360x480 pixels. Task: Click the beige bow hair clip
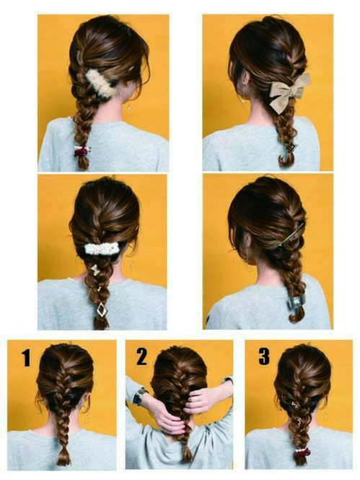[289, 92]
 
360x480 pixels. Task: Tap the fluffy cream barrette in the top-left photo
[100, 82]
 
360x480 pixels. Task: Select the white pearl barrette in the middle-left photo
[102, 248]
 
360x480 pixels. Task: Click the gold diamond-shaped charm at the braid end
[102, 310]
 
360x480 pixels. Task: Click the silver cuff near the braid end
[294, 302]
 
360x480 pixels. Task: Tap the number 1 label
[27, 358]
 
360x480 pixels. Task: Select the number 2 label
[141, 357]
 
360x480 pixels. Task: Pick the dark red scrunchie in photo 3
[302, 452]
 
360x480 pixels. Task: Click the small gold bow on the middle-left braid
[95, 270]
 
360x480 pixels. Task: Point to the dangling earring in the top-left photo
[130, 107]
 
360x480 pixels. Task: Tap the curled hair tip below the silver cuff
[295, 317]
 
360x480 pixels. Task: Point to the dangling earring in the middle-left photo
[133, 266]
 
